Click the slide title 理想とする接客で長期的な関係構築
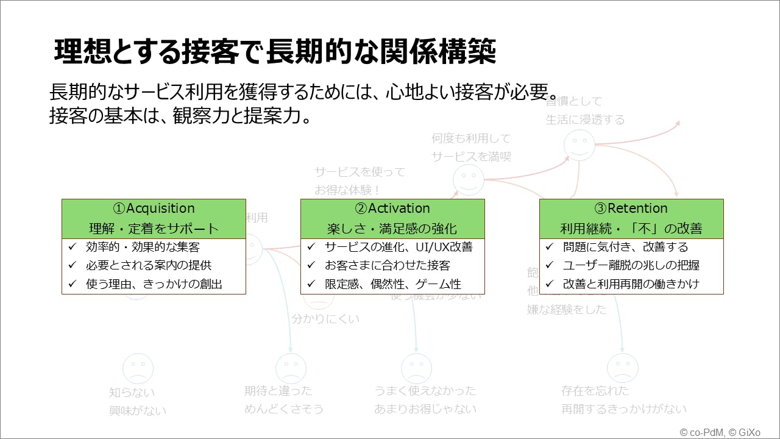click(275, 52)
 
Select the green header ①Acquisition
click(154, 218)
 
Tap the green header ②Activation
click(392, 218)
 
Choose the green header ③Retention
click(631, 218)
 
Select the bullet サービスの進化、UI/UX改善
click(399, 247)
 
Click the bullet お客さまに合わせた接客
click(388, 265)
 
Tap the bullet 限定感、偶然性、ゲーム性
click(393, 284)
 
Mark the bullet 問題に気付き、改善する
click(625, 247)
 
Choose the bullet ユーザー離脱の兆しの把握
click(631, 265)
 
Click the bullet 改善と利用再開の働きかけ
click(631, 284)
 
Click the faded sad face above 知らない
click(138, 368)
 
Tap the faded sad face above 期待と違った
click(291, 368)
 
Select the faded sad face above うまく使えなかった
click(416, 368)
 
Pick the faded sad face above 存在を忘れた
click(622, 368)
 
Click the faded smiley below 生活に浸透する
click(578, 145)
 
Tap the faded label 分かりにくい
click(325, 318)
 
